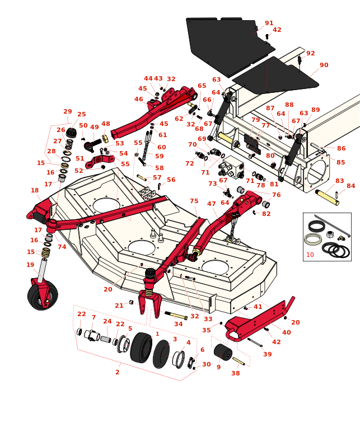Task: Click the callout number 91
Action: [x=269, y=23]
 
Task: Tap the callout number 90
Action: [x=324, y=65]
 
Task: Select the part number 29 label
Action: [x=68, y=112]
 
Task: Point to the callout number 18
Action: [x=35, y=191]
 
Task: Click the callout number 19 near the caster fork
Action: [x=30, y=265]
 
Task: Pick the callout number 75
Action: [x=194, y=201]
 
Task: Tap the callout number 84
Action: [x=350, y=186]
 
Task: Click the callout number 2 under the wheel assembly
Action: [x=117, y=372]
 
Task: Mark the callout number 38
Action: [x=235, y=373]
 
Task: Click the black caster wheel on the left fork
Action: [x=42, y=296]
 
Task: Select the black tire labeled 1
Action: [x=141, y=347]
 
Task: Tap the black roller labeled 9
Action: [x=223, y=352]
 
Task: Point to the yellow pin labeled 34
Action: [x=175, y=316]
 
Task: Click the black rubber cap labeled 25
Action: [x=71, y=133]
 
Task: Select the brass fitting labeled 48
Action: [x=105, y=139]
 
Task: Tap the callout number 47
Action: [x=212, y=204]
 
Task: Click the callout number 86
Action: [x=341, y=149]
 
